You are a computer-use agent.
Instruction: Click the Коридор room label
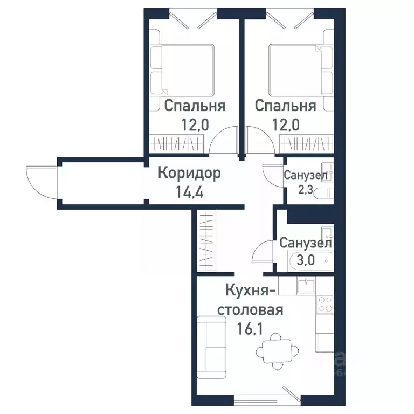189,174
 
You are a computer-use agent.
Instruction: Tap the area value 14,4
189,193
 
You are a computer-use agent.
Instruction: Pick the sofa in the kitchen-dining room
211,348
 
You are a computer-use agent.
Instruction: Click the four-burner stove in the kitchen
325,305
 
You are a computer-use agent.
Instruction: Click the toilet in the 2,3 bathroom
324,194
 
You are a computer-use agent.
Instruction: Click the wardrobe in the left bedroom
178,144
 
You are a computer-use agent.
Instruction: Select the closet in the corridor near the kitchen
206,242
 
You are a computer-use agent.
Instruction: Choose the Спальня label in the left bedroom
195,106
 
